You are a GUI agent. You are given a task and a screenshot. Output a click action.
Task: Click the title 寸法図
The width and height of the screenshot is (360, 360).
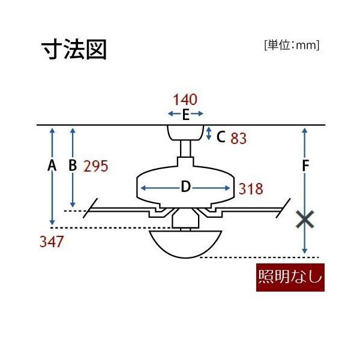tap(74, 49)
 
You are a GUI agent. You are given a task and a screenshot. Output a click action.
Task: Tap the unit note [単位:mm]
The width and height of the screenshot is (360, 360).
tap(292, 45)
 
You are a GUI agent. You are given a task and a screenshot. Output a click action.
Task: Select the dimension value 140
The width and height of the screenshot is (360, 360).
tap(185, 100)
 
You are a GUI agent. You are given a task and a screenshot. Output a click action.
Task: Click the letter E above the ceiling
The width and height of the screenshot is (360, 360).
tap(185, 115)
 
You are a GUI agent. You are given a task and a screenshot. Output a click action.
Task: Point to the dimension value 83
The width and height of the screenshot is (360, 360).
tap(239, 138)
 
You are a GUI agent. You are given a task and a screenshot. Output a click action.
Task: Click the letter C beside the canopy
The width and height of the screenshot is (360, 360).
tap(221, 137)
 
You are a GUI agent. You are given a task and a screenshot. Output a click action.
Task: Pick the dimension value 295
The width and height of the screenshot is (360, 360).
tap(96, 166)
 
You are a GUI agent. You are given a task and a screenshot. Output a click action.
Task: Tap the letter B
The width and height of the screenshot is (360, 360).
tap(73, 166)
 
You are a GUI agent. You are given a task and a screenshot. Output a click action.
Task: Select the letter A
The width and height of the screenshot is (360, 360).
tap(52, 166)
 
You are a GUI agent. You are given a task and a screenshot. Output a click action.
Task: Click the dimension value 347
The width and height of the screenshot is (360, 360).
tap(52, 242)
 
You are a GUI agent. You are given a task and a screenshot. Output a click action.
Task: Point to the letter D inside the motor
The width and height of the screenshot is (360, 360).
tap(185, 187)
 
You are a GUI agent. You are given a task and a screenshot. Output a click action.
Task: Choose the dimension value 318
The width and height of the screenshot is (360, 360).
tap(251, 189)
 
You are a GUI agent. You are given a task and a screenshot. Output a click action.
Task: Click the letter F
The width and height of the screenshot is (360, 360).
tap(305, 166)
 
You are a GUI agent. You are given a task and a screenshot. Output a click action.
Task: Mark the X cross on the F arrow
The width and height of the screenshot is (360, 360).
tap(305, 220)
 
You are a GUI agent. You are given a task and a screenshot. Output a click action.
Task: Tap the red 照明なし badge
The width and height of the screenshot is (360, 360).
tap(290, 277)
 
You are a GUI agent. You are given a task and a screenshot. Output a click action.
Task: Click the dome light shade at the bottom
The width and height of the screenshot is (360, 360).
tap(185, 244)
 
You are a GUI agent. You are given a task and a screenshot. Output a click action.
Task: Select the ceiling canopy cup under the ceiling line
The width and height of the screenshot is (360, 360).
tap(185, 133)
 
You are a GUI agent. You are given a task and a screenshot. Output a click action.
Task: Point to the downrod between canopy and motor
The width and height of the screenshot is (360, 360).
tap(185, 149)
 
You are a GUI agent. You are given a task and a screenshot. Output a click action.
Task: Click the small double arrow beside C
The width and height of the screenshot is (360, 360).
tap(208, 133)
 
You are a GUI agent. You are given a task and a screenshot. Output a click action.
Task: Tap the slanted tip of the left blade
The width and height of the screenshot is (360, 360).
tap(90, 208)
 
